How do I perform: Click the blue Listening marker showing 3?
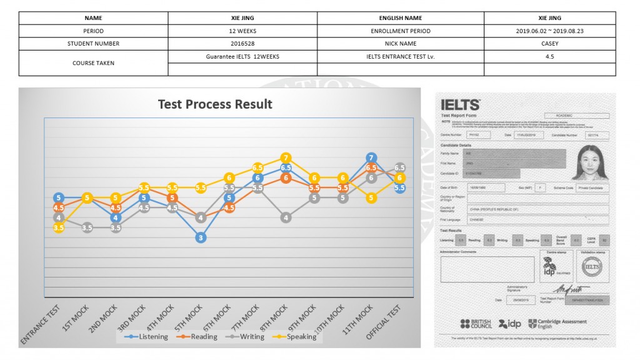[200, 237]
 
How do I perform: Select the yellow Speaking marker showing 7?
[286, 158]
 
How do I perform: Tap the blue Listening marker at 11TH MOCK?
[372, 158]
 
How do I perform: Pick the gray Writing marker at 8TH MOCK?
[286, 217]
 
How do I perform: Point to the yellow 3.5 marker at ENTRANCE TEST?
[59, 228]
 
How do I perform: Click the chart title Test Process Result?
[215, 104]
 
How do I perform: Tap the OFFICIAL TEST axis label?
[383, 322]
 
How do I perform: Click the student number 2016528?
[242, 44]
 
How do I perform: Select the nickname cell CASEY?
[549, 44]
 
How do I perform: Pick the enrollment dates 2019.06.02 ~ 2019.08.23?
[549, 31]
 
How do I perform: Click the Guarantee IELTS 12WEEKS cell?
[242, 56]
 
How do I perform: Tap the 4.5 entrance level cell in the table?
[549, 56]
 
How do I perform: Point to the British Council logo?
[476, 324]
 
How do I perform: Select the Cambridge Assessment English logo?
[557, 324]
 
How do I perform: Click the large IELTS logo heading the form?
[460, 105]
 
